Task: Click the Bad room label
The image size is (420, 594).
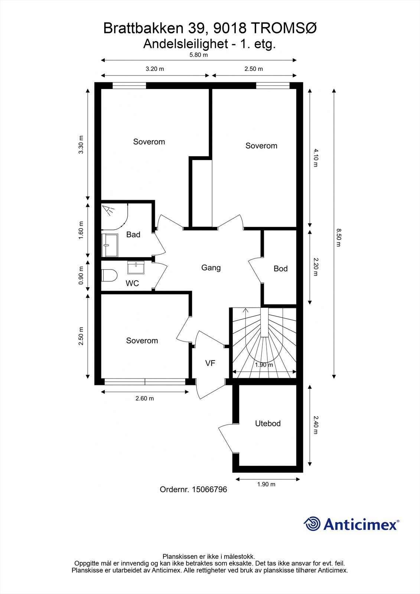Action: [x=133, y=234]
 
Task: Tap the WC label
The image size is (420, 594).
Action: [x=132, y=284]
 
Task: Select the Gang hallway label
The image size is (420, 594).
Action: [x=211, y=268]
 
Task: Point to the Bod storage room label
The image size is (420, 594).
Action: [x=281, y=269]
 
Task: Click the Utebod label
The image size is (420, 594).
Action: [x=268, y=423]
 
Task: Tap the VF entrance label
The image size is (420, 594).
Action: [x=210, y=363]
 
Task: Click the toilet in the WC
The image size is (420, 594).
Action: [x=109, y=275]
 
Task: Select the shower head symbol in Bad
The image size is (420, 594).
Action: [x=109, y=210]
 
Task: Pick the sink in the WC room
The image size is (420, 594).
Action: [x=136, y=267]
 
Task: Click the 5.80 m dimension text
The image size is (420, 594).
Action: [x=198, y=55]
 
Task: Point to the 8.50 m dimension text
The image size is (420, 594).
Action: [x=338, y=238]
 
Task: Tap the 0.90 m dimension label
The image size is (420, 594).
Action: [x=81, y=275]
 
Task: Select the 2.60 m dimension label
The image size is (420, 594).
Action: [x=144, y=398]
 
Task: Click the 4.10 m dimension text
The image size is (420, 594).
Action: [x=316, y=158]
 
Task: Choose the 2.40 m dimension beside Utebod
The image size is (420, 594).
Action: [x=316, y=425]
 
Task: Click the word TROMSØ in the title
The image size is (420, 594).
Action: [x=284, y=28]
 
